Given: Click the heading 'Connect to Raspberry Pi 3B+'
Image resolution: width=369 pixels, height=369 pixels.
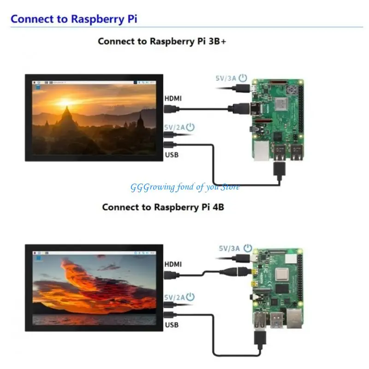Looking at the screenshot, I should click(x=162, y=41).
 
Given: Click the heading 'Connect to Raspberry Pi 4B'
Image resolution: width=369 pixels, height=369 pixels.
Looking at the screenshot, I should click(x=163, y=207).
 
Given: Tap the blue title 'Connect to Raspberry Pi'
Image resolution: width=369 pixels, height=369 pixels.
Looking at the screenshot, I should click(x=74, y=19).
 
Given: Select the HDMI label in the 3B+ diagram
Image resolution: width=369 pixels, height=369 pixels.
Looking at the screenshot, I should click(x=173, y=98).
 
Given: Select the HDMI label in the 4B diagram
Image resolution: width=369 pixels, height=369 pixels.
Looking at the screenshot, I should click(x=173, y=264).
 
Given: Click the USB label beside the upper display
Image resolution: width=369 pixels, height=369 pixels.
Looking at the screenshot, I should click(x=172, y=155).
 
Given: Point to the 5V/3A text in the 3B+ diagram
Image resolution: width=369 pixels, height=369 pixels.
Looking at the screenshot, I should click(x=225, y=78).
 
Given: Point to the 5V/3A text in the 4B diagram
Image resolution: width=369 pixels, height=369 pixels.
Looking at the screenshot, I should click(x=229, y=248).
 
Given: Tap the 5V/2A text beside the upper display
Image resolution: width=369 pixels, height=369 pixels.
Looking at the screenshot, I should click(x=173, y=127).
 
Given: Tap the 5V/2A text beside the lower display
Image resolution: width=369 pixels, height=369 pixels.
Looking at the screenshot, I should click(x=173, y=298).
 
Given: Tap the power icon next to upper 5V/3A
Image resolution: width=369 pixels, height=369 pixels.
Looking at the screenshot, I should click(x=243, y=78).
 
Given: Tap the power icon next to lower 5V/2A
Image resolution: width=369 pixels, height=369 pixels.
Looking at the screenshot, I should click(x=190, y=297).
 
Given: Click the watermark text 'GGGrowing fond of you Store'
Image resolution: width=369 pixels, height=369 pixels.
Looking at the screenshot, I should click(x=184, y=187).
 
